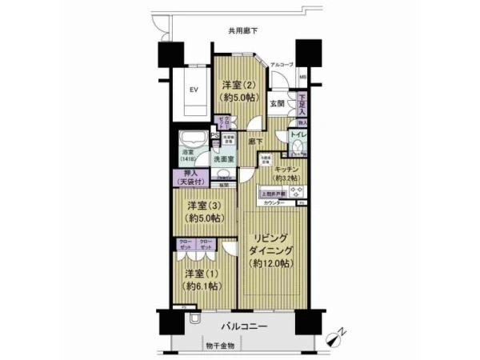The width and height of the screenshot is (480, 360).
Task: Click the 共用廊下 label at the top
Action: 243,31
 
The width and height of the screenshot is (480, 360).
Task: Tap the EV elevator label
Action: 193,90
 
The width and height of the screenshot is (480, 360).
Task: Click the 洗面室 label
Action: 224,160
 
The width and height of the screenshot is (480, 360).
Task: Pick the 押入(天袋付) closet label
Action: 188,179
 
